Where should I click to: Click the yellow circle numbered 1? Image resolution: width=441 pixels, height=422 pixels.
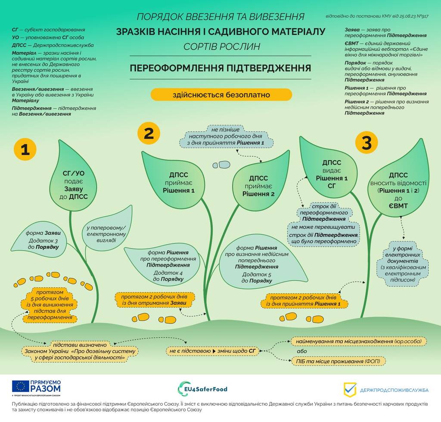[25, 149]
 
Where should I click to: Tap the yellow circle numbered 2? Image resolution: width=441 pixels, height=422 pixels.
[149, 133]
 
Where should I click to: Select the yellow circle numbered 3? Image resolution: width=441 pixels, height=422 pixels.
[366, 143]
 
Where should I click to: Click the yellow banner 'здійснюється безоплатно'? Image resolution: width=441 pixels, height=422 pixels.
[221, 94]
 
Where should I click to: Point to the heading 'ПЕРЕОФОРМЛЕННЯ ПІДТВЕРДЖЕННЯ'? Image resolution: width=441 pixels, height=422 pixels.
[220, 68]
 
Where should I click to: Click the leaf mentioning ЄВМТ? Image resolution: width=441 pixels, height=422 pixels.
[398, 189]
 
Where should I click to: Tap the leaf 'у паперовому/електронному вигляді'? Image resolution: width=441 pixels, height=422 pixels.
[106, 233]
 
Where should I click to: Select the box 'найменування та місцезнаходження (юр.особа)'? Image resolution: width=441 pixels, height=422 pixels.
[358, 341]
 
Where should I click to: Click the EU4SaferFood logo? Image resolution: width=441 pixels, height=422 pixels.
[202, 388]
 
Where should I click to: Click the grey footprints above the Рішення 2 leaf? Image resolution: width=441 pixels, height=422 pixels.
[222, 164]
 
